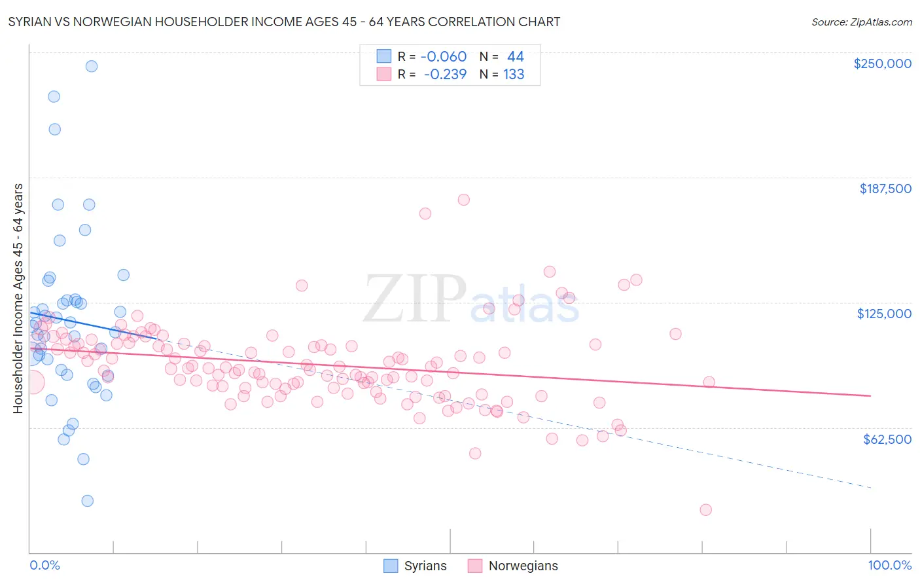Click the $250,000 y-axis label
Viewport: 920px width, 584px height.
pyautogui.click(x=882, y=64)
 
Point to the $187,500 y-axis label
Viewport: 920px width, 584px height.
pyautogui.click(x=885, y=189)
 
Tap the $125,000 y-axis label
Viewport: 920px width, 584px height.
pyautogui.click(x=884, y=314)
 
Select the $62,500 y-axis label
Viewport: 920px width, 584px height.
pyautogui.click(x=887, y=439)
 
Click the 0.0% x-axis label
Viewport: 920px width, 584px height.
pyautogui.click(x=44, y=565)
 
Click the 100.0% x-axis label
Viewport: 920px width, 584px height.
pyautogui.click(x=889, y=565)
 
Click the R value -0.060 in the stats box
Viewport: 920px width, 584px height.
pyautogui.click(x=444, y=57)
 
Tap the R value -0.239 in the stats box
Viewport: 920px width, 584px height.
pyautogui.click(x=445, y=75)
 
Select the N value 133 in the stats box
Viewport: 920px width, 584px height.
pyautogui.click(x=514, y=75)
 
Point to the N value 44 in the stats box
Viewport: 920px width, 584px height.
pyautogui.click(x=516, y=57)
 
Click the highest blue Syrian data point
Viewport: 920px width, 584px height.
pyautogui.click(x=92, y=66)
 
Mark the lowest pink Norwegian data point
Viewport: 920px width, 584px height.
pyautogui.click(x=705, y=510)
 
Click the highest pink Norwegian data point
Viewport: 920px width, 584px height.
pyautogui.click(x=463, y=200)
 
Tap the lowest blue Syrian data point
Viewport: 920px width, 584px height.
pyautogui.click(x=87, y=501)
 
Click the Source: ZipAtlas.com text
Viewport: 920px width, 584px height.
pyautogui.click(x=861, y=22)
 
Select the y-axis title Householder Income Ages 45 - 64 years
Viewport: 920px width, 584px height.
pyautogui.click(x=18, y=299)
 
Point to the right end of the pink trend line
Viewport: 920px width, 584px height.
pyautogui.click(x=870, y=395)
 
